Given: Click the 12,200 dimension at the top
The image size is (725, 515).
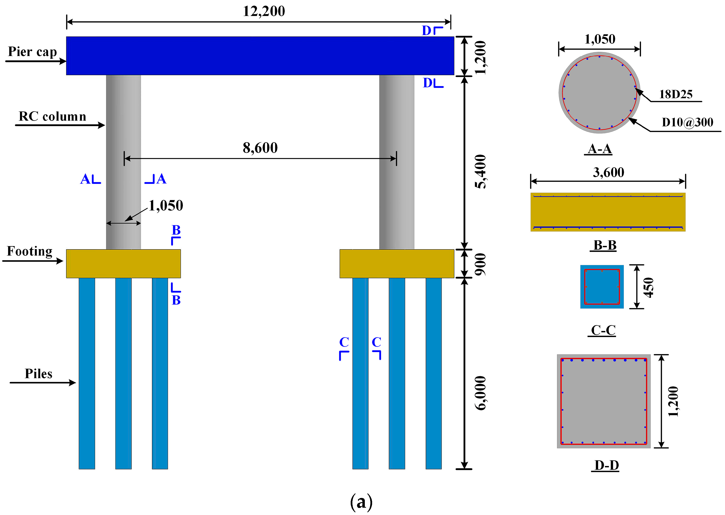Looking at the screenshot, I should (x=264, y=11).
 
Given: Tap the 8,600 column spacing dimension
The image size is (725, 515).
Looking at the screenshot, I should (x=260, y=148).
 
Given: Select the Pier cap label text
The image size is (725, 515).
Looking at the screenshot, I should (x=32, y=51).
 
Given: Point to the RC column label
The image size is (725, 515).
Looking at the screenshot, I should (x=52, y=116).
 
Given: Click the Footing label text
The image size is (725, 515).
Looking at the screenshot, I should (x=29, y=251).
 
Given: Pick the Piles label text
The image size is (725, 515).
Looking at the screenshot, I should (x=38, y=374).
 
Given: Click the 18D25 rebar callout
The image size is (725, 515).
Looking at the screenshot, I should (x=676, y=94).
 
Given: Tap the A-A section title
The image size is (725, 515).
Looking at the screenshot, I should (x=599, y=149).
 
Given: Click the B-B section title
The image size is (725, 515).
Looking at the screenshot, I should (x=605, y=245).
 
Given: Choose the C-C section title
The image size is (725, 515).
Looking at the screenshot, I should (x=603, y=330).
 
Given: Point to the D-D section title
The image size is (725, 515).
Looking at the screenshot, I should (x=606, y=466).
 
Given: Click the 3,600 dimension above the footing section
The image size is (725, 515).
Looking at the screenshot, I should (x=608, y=172).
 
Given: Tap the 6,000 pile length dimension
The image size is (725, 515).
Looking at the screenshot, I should (x=480, y=393).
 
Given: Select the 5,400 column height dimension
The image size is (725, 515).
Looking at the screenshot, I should (x=480, y=172).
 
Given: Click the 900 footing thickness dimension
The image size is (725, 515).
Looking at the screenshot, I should (x=480, y=264).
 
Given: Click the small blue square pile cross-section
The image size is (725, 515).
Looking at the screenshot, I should (x=602, y=287).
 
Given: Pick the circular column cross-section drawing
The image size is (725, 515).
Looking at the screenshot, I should (x=599, y=93).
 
